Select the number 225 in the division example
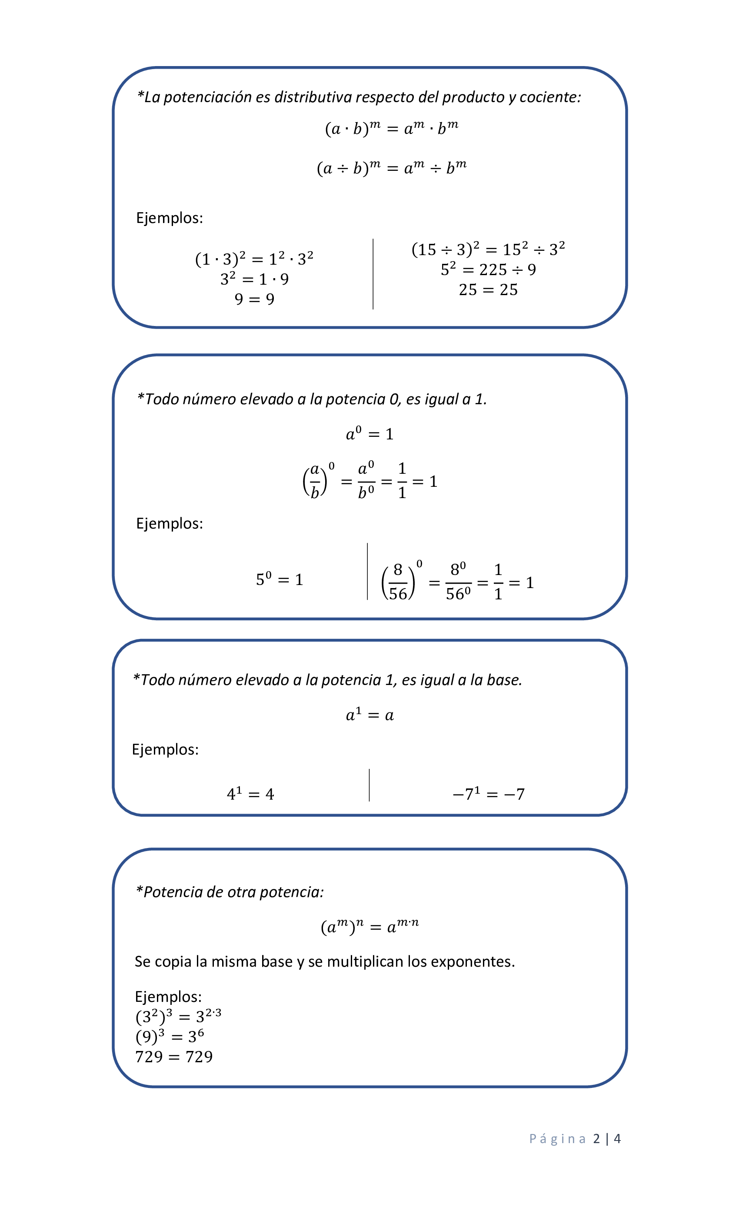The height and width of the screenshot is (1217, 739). pyautogui.click(x=493, y=269)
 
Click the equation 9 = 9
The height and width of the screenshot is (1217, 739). pyautogui.click(x=254, y=299)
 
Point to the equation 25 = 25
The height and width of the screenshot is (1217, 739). pyautogui.click(x=488, y=290)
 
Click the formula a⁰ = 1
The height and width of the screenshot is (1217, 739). pyautogui.click(x=369, y=434)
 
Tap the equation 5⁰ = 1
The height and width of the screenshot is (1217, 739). pyautogui.click(x=280, y=579)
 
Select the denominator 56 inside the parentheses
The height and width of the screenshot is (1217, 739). pyautogui.click(x=398, y=594)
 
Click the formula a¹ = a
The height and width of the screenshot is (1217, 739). pyautogui.click(x=369, y=715)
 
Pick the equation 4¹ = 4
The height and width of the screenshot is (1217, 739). pyautogui.click(x=250, y=794)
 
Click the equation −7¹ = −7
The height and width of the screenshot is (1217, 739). pyautogui.click(x=489, y=794)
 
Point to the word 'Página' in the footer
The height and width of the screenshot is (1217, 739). pyautogui.click(x=557, y=1139)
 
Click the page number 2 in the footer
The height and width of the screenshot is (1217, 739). pyautogui.click(x=597, y=1139)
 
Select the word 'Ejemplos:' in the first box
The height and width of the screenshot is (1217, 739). pyautogui.click(x=170, y=218)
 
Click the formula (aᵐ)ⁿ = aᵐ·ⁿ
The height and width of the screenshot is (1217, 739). pyautogui.click(x=369, y=927)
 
